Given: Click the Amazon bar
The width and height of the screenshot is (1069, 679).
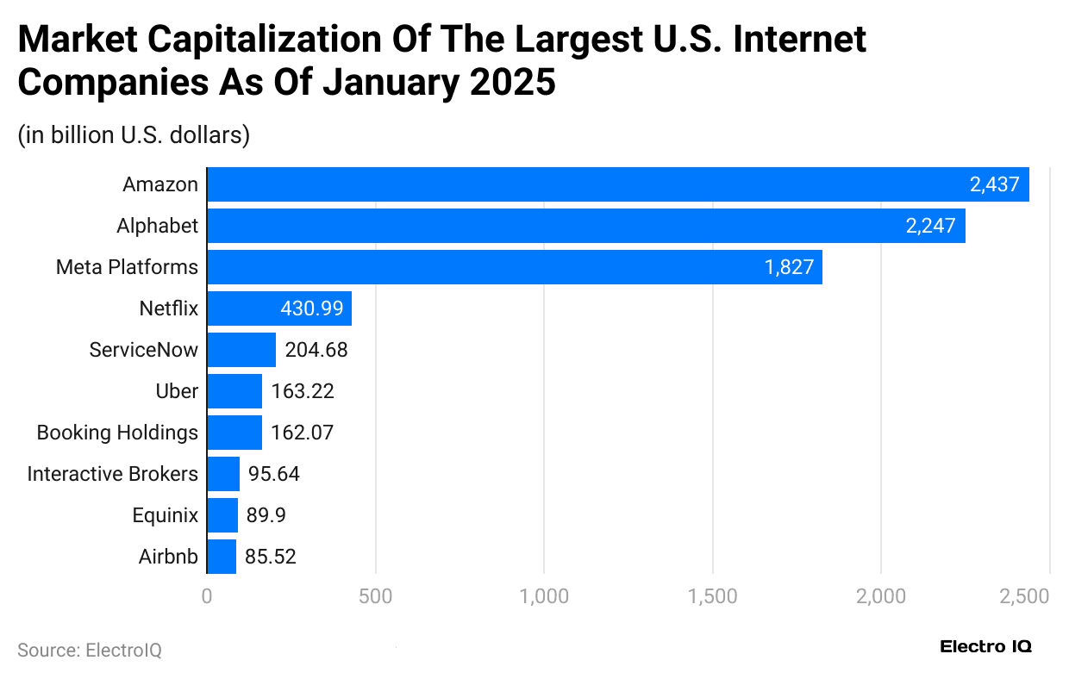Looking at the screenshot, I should coord(617,184).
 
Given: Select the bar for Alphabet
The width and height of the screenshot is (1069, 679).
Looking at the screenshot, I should coord(586,226).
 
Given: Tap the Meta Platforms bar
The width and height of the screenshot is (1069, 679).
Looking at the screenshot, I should coord(515,267).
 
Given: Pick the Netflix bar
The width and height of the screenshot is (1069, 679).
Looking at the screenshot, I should coord(279,308).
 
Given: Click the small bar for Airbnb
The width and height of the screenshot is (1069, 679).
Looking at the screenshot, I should coord(222,557).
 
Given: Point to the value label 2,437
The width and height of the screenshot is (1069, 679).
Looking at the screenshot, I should coord(994,184).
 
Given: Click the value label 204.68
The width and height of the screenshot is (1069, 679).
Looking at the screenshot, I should coord(316,350).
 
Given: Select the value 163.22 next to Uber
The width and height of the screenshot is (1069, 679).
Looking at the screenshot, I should coord(303,391).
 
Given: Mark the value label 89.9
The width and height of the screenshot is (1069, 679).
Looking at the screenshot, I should coord(266,515).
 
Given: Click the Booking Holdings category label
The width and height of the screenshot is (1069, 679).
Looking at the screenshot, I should coord(117,433).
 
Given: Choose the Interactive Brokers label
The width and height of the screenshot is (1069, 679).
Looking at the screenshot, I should coord(113,474).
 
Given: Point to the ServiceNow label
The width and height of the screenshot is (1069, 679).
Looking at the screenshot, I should coord(144,350).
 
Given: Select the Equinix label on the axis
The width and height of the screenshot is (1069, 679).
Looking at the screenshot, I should coord(166,515).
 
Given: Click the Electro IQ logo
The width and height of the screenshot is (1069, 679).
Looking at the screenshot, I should coord(985,646).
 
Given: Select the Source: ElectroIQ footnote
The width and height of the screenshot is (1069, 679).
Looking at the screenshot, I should coord(90,650).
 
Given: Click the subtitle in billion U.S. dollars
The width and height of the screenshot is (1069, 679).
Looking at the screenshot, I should coord(134,135).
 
